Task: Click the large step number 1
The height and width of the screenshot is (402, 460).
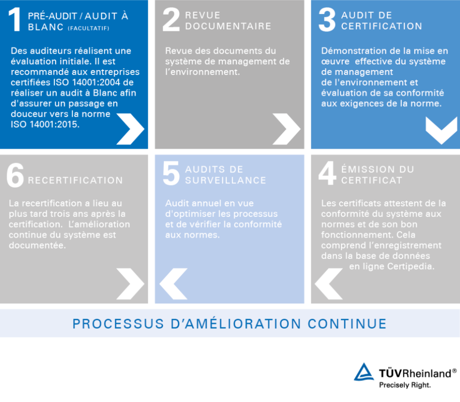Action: tap(15, 19)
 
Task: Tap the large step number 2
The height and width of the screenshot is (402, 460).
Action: tap(171, 19)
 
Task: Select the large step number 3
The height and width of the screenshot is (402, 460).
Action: tap(327, 19)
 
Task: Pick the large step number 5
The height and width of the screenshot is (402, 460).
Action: tap(171, 173)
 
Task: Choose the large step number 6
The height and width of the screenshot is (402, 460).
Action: tap(15, 175)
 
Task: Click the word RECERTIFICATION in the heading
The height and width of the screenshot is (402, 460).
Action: tap(75, 180)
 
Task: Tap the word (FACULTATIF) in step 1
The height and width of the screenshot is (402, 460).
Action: tap(88, 28)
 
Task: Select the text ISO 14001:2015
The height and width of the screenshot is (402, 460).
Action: tap(45, 124)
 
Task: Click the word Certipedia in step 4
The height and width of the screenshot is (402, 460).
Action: tap(411, 267)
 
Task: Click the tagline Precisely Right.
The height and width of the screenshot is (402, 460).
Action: tap(405, 385)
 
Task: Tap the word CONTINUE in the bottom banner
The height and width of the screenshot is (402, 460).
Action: tap(347, 324)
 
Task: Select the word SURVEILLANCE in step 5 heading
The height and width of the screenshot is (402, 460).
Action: tap(226, 180)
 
